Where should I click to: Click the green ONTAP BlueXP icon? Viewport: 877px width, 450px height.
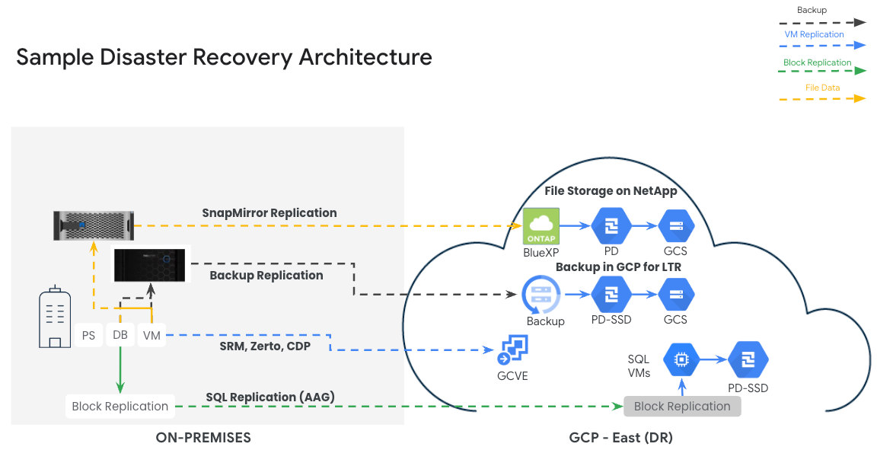pyautogui.click(x=541, y=226)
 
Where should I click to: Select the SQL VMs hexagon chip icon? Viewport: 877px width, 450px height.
pyautogui.click(x=681, y=360)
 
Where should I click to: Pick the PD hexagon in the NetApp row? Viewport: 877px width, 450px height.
pyautogui.click(x=611, y=226)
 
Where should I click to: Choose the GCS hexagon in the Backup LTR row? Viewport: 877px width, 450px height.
pyautogui.click(x=675, y=295)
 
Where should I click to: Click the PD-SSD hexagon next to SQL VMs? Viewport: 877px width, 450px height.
pyautogui.click(x=748, y=360)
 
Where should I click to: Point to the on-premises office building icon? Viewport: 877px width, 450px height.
pyautogui.click(x=54, y=318)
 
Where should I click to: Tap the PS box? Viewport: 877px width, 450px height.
pyautogui.click(x=89, y=335)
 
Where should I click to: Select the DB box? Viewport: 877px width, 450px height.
pyautogui.click(x=120, y=335)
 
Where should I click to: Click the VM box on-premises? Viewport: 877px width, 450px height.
pyautogui.click(x=151, y=335)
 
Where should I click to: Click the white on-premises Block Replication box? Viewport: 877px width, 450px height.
pyautogui.click(x=120, y=406)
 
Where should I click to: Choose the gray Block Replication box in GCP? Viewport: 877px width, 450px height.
pyautogui.click(x=681, y=406)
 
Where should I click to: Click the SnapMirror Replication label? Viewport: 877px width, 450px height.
pyautogui.click(x=269, y=212)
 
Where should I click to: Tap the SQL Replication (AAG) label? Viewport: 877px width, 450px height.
pyautogui.click(x=269, y=397)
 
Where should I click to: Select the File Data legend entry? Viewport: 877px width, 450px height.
pyautogui.click(x=822, y=88)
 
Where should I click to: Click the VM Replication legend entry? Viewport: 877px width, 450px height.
pyautogui.click(x=814, y=34)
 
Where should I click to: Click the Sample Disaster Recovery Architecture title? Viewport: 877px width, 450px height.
pyautogui.click(x=224, y=57)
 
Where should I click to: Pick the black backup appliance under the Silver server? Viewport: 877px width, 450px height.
pyautogui.click(x=149, y=265)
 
